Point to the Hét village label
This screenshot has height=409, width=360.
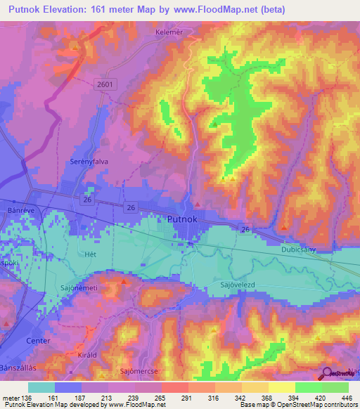[89, 254]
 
